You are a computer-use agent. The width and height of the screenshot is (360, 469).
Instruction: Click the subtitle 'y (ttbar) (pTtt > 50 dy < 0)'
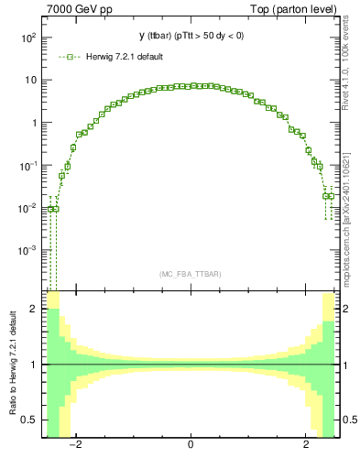click(191, 37)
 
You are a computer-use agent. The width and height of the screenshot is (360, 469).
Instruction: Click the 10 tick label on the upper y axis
click(31, 80)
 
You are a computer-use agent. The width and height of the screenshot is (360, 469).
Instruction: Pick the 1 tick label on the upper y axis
click(34, 123)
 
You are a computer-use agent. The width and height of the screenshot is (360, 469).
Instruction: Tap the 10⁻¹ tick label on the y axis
click(28, 166)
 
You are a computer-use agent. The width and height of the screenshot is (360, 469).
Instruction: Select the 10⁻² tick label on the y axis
click(28, 208)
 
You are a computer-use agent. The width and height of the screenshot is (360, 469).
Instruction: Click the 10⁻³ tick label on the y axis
click(28, 250)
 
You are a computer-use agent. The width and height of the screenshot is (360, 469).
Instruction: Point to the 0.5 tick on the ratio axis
click(28, 420)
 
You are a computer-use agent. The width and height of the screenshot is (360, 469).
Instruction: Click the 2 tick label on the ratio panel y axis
click(34, 310)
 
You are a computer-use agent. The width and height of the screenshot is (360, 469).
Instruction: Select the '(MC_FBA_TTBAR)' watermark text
click(191, 274)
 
